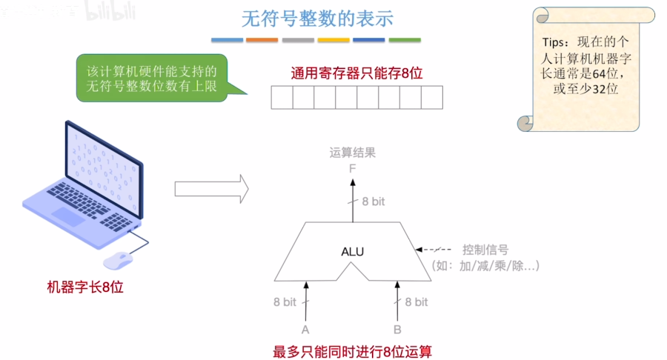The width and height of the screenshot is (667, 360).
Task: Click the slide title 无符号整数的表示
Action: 316,19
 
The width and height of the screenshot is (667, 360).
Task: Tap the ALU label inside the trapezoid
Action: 352,251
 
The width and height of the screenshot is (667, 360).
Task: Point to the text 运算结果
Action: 353,153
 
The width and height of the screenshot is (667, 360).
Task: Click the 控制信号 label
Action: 485,250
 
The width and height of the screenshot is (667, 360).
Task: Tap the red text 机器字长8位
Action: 85,287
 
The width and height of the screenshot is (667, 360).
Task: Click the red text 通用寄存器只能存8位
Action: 356,73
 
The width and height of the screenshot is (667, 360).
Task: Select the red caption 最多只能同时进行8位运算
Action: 352,351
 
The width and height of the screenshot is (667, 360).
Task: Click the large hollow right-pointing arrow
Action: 211,188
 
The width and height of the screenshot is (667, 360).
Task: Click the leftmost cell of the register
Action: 282,98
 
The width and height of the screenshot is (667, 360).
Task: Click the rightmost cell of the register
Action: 432,98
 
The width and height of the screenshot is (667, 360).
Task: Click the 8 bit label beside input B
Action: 416,301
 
